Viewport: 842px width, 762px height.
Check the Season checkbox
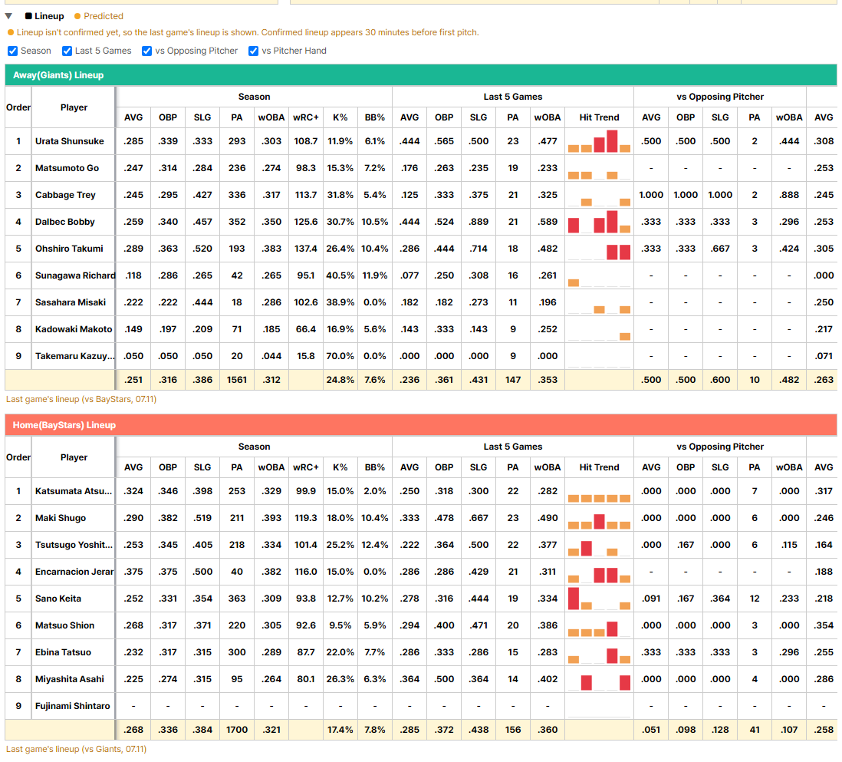13,51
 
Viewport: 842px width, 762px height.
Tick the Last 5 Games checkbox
67,51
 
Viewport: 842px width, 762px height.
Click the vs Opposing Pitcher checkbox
146,51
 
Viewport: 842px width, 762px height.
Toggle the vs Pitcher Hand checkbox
254,51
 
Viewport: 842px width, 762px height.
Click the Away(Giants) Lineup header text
58,75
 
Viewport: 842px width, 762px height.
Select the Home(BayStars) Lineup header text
64,425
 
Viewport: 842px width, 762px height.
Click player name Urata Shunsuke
70,141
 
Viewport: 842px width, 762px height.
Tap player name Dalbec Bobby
65,222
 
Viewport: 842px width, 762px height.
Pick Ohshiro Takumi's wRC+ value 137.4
305,249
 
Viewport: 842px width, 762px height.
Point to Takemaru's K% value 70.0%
340,356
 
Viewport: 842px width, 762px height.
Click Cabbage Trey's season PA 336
237,195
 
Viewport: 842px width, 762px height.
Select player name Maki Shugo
61,518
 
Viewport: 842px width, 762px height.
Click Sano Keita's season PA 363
237,599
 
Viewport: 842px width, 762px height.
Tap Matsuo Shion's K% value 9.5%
340,625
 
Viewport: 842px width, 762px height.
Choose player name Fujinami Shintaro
73,706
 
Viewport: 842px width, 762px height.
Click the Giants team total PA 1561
237,380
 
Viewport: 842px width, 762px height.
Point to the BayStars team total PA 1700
237,730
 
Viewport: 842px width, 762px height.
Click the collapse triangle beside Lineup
8,16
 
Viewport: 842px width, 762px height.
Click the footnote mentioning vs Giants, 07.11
76,749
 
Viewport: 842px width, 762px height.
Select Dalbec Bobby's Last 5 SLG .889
479,222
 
